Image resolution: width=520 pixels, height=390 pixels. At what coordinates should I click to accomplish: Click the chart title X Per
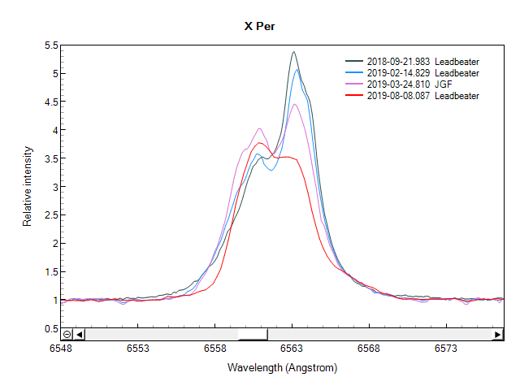click(260, 26)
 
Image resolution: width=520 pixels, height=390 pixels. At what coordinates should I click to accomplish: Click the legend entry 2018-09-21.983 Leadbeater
click(422, 62)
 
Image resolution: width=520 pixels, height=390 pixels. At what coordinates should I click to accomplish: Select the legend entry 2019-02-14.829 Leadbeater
click(422, 73)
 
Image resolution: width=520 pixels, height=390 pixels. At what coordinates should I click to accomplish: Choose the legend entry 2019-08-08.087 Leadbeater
click(422, 96)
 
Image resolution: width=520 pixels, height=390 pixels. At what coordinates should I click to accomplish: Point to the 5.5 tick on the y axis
click(50, 45)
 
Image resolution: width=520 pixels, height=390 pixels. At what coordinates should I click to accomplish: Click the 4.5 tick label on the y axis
click(50, 102)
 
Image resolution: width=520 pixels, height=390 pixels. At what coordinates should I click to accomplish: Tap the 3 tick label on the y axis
click(54, 187)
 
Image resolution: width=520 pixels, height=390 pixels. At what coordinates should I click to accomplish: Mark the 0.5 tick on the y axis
click(50, 328)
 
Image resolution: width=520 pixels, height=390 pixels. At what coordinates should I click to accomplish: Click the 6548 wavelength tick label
click(61, 349)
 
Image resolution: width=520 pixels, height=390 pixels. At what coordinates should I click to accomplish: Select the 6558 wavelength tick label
click(214, 349)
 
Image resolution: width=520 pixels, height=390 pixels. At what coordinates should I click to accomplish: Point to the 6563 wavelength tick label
click(292, 349)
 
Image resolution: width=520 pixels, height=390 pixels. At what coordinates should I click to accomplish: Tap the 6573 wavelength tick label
click(445, 349)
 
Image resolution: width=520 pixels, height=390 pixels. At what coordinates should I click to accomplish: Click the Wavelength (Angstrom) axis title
click(282, 367)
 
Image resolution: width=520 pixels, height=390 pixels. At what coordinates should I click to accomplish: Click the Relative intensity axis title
click(28, 186)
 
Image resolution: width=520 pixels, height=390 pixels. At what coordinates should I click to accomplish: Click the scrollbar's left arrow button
click(79, 334)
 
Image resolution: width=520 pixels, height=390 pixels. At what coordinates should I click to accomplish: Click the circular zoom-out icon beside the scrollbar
click(67, 334)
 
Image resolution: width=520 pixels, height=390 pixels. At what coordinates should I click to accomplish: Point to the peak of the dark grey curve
click(293, 52)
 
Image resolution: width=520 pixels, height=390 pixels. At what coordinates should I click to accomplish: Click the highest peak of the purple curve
click(295, 104)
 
